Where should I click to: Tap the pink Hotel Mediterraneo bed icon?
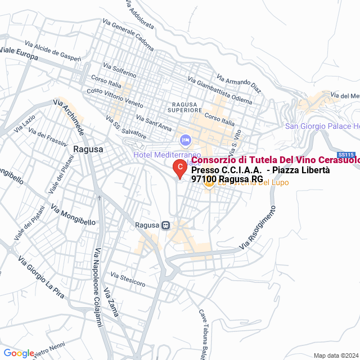pyautogui.click(x=184, y=139)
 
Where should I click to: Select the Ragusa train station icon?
pyautogui.click(x=165, y=225)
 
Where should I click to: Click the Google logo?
pyautogui.click(x=19, y=353)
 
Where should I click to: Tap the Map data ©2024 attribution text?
pyautogui.click(x=336, y=355)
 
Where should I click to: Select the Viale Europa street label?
pyautogui.click(x=19, y=54)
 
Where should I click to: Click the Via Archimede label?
pyautogui.click(x=69, y=118)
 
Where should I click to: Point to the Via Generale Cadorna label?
pyautogui.click(x=133, y=34)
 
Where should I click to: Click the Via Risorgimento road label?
pyautogui.click(x=258, y=228)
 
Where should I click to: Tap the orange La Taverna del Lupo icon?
pyautogui.click(x=209, y=182)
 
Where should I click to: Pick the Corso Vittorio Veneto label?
pyautogui.click(x=115, y=100)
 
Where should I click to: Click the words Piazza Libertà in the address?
pyautogui.click(x=298, y=170)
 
